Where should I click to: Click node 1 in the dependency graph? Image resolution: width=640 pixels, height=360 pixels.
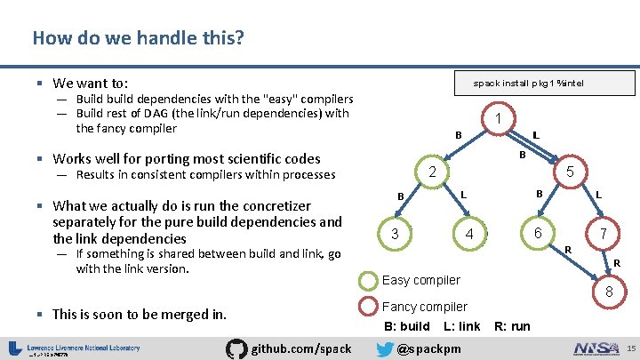500,119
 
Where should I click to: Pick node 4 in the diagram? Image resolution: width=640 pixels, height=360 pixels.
469,235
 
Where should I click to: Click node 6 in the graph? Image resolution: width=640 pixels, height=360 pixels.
538,233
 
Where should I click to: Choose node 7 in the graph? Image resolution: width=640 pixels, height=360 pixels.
604,235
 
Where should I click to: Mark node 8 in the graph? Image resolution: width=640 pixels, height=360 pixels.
609,292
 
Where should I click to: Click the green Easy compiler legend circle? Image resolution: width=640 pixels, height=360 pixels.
368,281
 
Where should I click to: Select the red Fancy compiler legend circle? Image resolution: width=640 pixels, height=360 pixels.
368,308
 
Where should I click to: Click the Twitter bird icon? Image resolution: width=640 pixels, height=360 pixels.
384,348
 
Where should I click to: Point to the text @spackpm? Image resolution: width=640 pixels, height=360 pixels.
429,348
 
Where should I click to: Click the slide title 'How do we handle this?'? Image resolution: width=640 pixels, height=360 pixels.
139,38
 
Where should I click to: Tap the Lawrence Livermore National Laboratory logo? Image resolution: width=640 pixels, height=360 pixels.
76,348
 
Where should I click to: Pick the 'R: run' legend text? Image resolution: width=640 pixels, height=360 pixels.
512,326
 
